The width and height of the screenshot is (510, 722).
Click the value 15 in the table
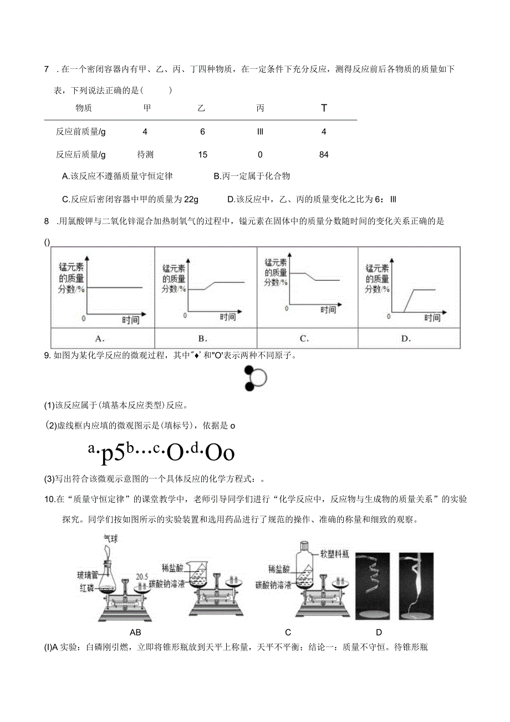tap(203, 155)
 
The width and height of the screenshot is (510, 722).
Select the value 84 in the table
tap(324, 155)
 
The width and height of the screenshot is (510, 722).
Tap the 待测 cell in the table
tap(145, 155)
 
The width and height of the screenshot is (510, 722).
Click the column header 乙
tap(201, 108)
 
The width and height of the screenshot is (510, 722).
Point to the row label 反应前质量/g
tap(80, 132)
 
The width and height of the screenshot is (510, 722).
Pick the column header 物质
tap(83, 108)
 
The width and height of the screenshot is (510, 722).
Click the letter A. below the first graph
tap(100, 338)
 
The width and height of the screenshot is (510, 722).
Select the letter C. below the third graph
tap(304, 338)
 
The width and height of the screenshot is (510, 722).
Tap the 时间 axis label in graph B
tap(227, 317)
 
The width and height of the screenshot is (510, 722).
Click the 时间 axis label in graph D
tap(432, 317)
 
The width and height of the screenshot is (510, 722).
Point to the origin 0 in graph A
tap(84, 319)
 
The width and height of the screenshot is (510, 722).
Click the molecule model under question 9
tap(255, 378)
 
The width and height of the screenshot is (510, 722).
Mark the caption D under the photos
tap(379, 632)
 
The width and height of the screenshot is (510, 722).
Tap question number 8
tap(47, 221)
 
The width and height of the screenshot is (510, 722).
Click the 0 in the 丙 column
tap(260, 155)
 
